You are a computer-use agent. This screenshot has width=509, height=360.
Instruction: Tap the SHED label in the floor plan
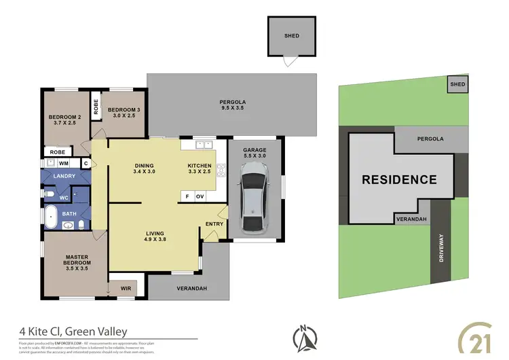point(291,35)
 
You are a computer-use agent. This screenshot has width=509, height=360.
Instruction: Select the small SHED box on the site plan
point(457,84)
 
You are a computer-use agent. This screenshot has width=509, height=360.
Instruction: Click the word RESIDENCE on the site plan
point(398,180)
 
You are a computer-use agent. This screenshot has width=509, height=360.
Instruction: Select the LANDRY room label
point(64,177)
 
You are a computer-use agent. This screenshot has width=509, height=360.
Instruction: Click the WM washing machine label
point(62,164)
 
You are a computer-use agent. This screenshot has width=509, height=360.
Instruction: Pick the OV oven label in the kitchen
point(200,196)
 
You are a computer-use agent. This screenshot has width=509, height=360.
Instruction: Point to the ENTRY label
point(214,224)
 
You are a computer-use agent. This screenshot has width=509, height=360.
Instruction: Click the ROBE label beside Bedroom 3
point(96,107)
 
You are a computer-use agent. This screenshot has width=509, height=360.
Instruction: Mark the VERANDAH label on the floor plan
point(193,289)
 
